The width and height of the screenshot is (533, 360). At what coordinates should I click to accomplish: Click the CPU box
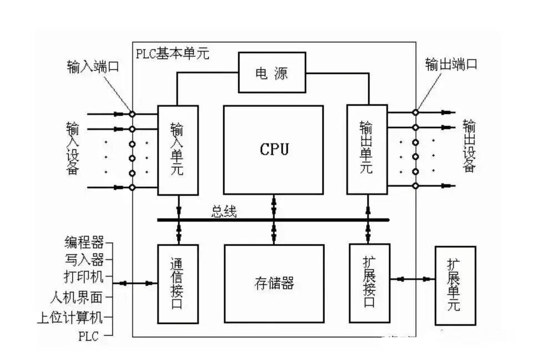click(x=273, y=149)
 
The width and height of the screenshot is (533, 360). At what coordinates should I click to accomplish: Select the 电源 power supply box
click(x=271, y=73)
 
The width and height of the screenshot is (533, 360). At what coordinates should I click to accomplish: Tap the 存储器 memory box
click(x=273, y=284)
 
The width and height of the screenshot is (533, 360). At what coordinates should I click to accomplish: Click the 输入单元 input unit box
click(x=178, y=149)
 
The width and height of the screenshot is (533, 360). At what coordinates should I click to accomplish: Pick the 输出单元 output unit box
click(x=366, y=149)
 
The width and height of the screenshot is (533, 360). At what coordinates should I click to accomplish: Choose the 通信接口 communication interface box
click(x=178, y=283)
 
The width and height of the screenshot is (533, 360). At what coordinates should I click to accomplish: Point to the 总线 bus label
click(x=224, y=212)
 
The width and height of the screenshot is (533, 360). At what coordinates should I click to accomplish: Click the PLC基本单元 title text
click(x=172, y=54)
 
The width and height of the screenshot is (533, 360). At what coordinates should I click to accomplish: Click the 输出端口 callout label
click(x=451, y=64)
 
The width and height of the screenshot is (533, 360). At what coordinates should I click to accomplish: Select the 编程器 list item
click(x=84, y=243)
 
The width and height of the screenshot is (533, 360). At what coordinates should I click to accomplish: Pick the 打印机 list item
click(x=84, y=276)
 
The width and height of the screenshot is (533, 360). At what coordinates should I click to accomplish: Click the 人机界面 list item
click(x=80, y=298)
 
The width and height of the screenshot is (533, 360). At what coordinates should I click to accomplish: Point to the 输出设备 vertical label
click(x=469, y=146)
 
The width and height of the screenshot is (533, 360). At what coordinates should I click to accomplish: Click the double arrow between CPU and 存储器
click(x=273, y=219)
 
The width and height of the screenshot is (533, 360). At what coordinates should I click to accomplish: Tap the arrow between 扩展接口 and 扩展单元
click(x=412, y=278)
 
